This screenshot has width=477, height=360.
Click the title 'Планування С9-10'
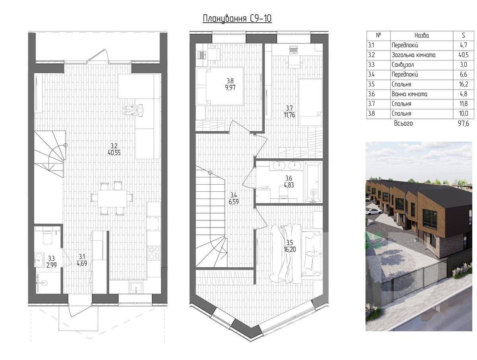237,19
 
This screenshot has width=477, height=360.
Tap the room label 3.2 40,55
114,149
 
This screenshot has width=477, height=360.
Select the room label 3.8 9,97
230,84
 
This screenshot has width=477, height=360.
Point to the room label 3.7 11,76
289,111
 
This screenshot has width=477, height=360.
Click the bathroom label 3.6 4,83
289,181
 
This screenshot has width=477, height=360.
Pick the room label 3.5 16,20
289,246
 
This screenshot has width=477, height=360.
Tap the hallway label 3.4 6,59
234,198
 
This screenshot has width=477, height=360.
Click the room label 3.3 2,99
52,261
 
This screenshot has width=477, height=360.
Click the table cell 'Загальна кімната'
413,55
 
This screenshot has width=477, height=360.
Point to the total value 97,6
463,123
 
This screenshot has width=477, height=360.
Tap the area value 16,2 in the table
463,84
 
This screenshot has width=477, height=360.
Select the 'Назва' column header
422,35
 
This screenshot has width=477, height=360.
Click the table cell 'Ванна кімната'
409,94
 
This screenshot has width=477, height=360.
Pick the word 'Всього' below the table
403,123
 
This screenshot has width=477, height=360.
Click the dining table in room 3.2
112,198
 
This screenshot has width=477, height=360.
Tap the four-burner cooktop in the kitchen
154,253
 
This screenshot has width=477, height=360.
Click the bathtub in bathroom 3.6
313,183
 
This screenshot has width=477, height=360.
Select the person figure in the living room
134,110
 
